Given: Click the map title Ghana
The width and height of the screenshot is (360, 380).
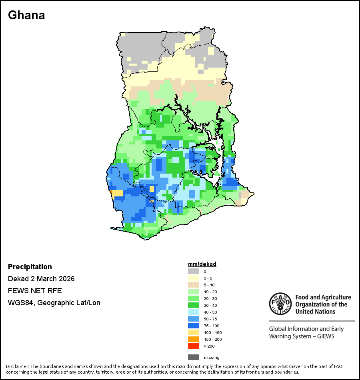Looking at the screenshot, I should coord(26,15).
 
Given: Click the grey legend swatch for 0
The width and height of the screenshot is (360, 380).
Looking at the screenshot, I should coord(194,271).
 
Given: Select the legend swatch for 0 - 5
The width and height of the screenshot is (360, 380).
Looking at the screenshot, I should coord(194,278).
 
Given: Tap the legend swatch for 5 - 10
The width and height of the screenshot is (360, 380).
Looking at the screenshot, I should coord(194,285).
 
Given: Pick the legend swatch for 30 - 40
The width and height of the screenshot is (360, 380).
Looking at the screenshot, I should coord(194,305).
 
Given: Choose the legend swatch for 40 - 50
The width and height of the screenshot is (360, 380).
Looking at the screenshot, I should coord(194,312).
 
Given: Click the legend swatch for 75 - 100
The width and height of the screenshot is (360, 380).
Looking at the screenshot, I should coord(194,326).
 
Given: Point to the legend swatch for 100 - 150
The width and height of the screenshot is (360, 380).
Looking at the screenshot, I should coord(194,332).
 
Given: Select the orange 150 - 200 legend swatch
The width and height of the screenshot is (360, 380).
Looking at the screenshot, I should coord(194,339).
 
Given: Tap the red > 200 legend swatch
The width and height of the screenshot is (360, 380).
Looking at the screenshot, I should coord(194,346).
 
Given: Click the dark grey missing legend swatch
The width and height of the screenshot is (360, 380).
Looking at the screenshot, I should coord(194,357).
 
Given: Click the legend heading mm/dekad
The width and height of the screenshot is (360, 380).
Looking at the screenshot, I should coord(202,264).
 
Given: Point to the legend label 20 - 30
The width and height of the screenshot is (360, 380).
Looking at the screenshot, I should coord(210,298).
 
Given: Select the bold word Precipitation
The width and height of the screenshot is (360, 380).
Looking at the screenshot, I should coord(30,267).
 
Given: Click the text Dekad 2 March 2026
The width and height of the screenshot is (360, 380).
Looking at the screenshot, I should coord(41,279).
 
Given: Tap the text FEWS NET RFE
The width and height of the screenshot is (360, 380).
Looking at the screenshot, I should coord(35,291).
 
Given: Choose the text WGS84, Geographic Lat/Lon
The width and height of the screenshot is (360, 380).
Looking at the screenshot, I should coord(54,303).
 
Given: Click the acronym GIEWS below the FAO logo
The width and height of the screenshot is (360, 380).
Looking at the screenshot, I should coord(325,336).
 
